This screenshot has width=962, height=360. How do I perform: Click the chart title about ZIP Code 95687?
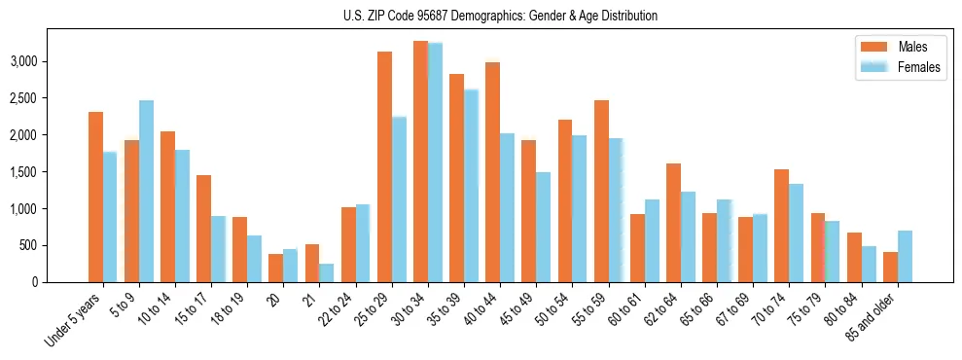click(x=500, y=16)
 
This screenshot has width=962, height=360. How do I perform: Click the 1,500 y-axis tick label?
click(x=49, y=172)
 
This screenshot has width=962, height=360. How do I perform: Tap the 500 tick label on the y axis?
click(x=54, y=245)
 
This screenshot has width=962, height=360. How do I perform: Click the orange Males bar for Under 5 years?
click(x=95, y=197)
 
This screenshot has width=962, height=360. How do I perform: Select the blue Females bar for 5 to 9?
click(x=146, y=191)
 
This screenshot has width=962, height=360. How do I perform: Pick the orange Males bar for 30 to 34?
click(x=420, y=162)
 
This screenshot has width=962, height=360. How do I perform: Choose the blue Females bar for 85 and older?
click(x=905, y=256)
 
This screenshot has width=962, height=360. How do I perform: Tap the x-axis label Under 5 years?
click(x=74, y=322)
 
